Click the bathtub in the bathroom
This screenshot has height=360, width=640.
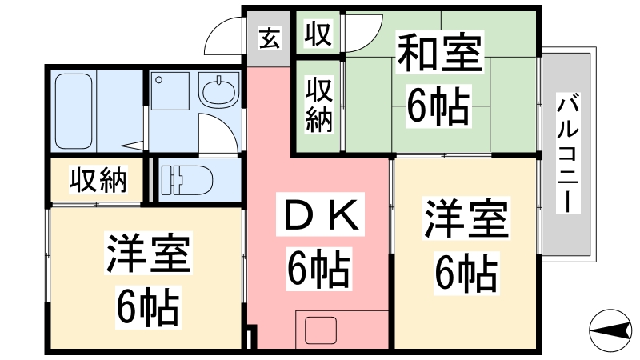coord(74,111)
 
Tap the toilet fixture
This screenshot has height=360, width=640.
coord(186,180)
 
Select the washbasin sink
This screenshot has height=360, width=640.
coord(219,90)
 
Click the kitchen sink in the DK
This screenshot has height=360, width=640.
coord(321,330)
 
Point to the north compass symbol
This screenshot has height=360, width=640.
coord(610,330)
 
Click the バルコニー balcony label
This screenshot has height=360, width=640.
coord(568,154)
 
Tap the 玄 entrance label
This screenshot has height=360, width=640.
coord(270,38)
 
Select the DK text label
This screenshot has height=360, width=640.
coord(320,214)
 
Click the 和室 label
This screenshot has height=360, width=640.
coord(440,53)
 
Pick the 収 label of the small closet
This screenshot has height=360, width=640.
coord(318,34)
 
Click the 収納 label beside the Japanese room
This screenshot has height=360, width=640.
coord(319,105)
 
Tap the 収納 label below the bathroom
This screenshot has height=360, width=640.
coord(98,179)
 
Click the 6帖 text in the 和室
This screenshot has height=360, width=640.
coord(438,106)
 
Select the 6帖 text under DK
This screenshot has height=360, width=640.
coord(318,269)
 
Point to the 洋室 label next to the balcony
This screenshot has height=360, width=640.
coord(466,218)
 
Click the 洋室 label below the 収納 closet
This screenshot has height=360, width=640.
coord(149,253)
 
